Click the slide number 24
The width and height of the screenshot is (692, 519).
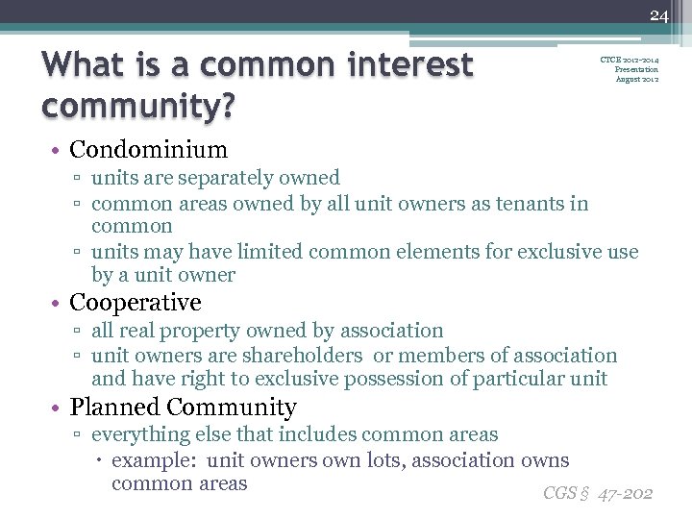coord(658,14)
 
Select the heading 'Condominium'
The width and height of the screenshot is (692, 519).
coord(148,150)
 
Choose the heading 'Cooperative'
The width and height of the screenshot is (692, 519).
coord(136,303)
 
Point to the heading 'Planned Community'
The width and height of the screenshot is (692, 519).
coord(183,408)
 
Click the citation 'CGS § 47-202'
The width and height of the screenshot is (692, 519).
coord(598,493)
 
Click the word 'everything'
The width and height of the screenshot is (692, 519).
coord(140,435)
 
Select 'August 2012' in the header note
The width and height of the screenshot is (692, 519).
coord(637,79)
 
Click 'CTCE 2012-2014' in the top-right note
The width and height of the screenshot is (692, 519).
coord(630,60)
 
